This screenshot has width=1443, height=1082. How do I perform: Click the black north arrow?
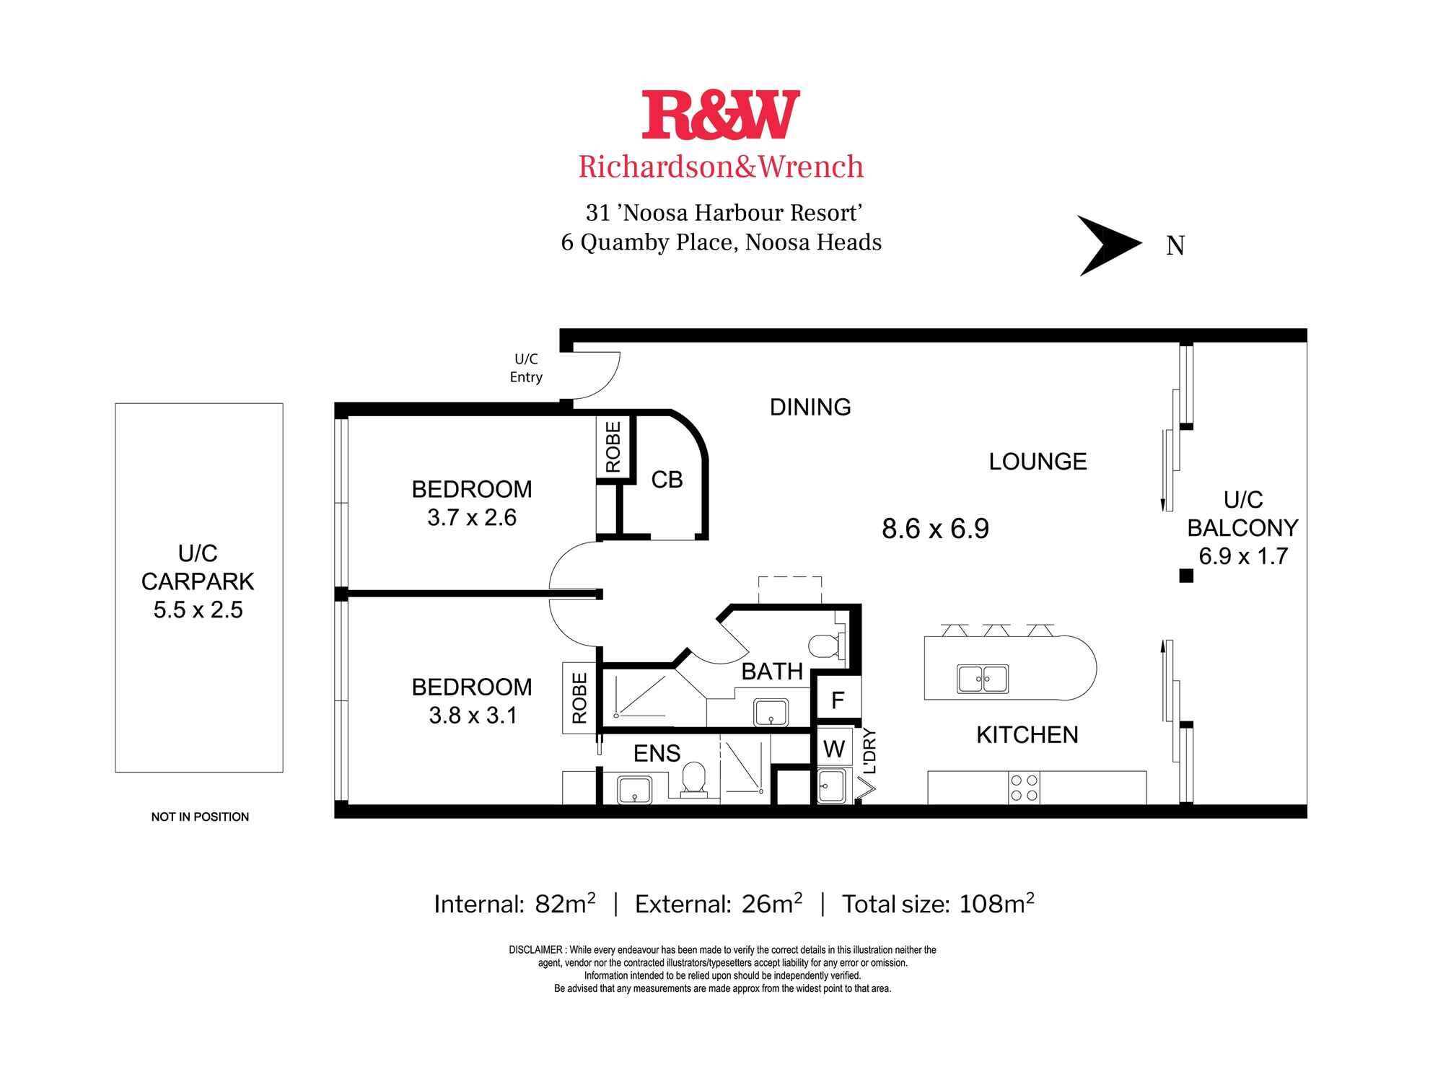1108,245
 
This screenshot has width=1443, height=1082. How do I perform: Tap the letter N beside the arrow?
1175,247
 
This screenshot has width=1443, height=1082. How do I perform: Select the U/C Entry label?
526,368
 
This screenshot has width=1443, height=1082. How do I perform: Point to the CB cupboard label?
667,480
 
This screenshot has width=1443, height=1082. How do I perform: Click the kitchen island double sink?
982,679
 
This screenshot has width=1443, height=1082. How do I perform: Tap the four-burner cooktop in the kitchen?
1024,788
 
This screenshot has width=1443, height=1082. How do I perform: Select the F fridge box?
838,700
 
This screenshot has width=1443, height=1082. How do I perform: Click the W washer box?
834,749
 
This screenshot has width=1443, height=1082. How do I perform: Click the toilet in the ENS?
695,778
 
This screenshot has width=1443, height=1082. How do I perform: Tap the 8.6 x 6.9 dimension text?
935,529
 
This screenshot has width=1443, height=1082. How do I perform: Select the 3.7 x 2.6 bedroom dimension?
472,517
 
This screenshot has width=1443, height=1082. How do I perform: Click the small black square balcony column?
1185,576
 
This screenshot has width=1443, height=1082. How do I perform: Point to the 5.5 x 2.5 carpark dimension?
198,610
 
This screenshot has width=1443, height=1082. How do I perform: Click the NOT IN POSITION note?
200,817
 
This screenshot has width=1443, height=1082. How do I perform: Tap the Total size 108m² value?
996,904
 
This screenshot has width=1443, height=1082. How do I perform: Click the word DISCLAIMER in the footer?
535,950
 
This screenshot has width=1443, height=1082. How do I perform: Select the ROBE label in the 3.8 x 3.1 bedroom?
579,698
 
